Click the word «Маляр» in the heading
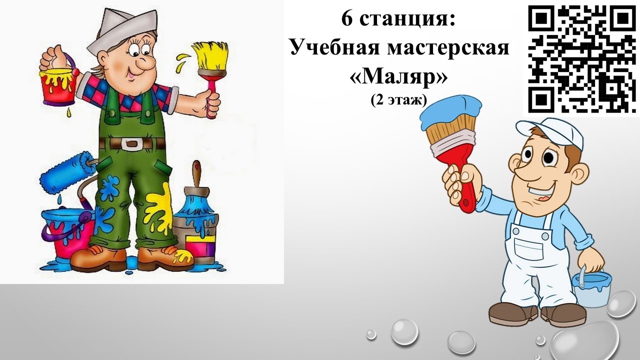click(398, 77)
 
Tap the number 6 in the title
click(347, 18)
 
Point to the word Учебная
click(335, 46)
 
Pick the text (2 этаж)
click(398, 100)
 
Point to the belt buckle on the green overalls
click(131, 143)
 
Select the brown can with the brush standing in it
click(195, 215)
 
